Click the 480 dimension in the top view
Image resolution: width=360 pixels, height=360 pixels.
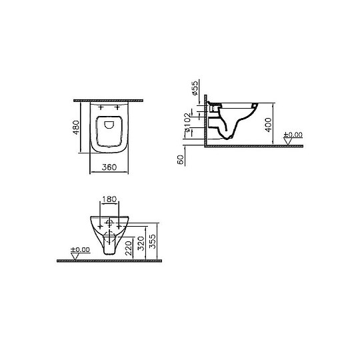(77, 127)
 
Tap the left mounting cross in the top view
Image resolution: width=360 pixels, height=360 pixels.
(101, 107)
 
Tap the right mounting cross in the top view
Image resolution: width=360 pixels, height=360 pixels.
(119, 107)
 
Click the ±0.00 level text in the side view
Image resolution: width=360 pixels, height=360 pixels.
(293, 135)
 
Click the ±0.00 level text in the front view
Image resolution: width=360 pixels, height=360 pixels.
(80, 249)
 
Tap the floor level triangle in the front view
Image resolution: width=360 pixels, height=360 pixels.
(75, 256)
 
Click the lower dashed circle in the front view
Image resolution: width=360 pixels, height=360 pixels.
(109, 237)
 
